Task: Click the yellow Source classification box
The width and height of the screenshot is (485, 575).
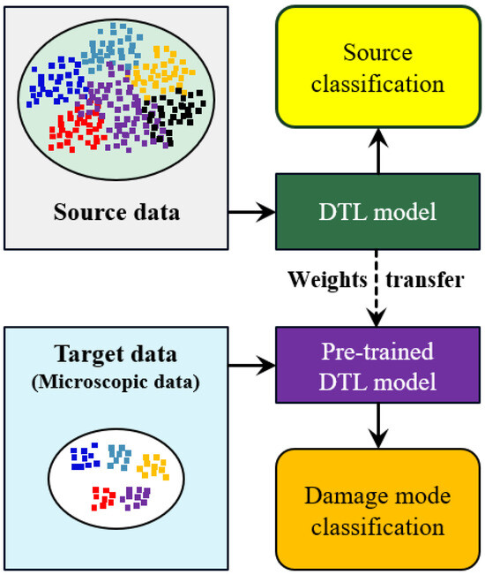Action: click(378, 67)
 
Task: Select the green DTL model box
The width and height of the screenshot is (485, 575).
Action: click(377, 212)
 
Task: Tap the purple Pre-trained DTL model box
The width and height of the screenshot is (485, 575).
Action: click(377, 365)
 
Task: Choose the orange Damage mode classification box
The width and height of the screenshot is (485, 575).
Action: click(378, 509)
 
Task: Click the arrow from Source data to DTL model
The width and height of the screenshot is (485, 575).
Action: click(252, 212)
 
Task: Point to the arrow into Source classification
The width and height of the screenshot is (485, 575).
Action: click(378, 151)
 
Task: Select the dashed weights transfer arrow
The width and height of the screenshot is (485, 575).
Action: click(377, 288)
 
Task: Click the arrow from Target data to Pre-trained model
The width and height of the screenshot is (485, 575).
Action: click(252, 366)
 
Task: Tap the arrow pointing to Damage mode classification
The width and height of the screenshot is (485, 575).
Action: click(378, 426)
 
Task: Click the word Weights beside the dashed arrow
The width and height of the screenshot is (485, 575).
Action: click(327, 280)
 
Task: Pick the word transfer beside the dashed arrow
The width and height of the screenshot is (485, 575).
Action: click(425, 280)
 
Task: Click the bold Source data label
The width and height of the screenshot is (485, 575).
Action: click(116, 212)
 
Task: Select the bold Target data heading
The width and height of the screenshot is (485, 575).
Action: click(116, 354)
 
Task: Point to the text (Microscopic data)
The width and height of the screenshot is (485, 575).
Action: click(116, 382)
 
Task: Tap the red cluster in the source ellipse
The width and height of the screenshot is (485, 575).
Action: click(78, 127)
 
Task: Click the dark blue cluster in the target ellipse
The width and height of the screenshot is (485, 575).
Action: click(85, 457)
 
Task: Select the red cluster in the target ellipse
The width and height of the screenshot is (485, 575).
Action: click(103, 498)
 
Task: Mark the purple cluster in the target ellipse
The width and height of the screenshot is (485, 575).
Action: click(135, 498)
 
